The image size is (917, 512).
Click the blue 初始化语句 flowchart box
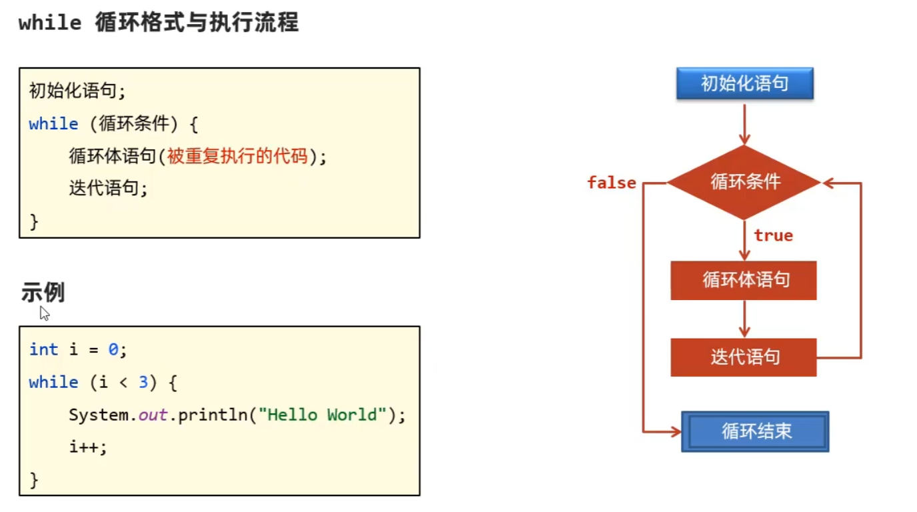pyautogui.click(x=744, y=84)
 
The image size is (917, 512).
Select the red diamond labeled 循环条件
pyautogui.click(x=744, y=182)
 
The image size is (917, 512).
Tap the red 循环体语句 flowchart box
pyautogui.click(x=744, y=280)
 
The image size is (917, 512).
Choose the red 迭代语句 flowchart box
pyautogui.click(x=744, y=357)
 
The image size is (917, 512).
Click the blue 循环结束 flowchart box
pyautogui.click(x=755, y=431)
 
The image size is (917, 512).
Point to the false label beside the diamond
pyautogui.click(x=611, y=183)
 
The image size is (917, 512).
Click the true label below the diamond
pyautogui.click(x=773, y=235)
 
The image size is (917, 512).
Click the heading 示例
pyautogui.click(x=43, y=293)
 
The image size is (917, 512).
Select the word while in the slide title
pyautogui.click(x=50, y=24)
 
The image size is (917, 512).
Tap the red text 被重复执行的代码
pyautogui.click(x=237, y=157)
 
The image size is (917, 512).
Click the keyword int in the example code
pyautogui.click(x=43, y=349)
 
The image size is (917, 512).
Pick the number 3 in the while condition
pyautogui.click(x=143, y=382)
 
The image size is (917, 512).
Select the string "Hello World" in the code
pyautogui.click(x=323, y=415)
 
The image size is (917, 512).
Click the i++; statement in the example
pyautogui.click(x=88, y=447)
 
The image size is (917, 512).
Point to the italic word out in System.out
pyautogui.click(x=153, y=415)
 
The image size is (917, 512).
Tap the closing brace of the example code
pyautogui.click(x=34, y=479)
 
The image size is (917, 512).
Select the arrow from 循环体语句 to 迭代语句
pyautogui.click(x=744, y=319)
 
